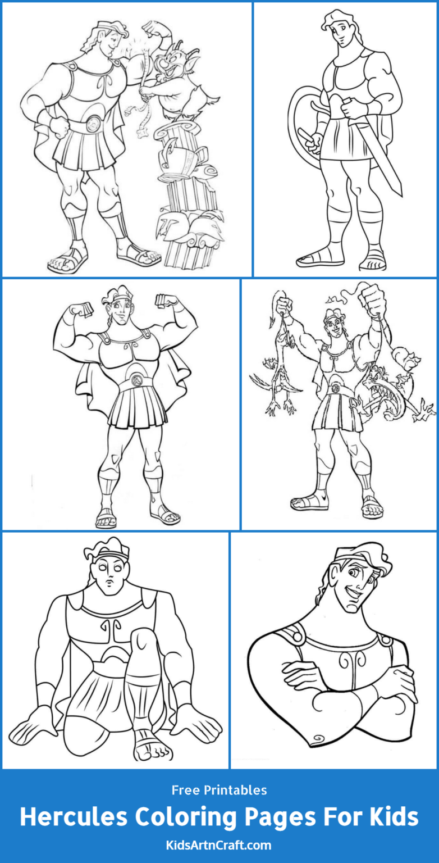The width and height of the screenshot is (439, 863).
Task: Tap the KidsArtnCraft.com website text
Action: pyautogui.click(x=219, y=845)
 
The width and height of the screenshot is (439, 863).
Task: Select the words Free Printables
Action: pyautogui.click(x=219, y=790)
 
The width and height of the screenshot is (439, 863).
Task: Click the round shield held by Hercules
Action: pyautogui.click(x=303, y=121)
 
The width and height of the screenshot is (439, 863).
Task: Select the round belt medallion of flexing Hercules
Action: pyautogui.click(x=135, y=380)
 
